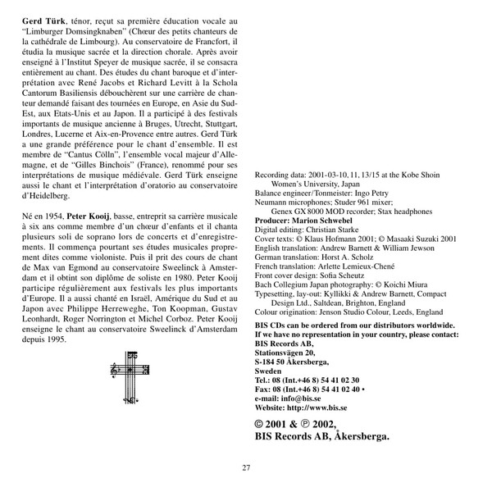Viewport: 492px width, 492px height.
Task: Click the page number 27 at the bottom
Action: [x=246, y=468]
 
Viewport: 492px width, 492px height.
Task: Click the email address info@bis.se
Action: [x=312, y=396]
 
